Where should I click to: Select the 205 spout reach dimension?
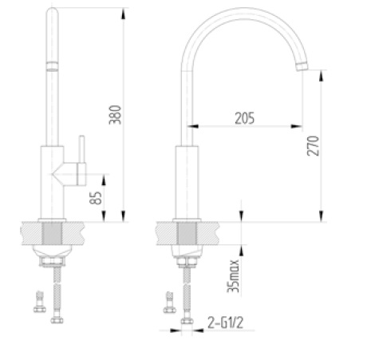[x=244, y=118]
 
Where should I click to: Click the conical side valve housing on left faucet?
[x=61, y=172]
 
